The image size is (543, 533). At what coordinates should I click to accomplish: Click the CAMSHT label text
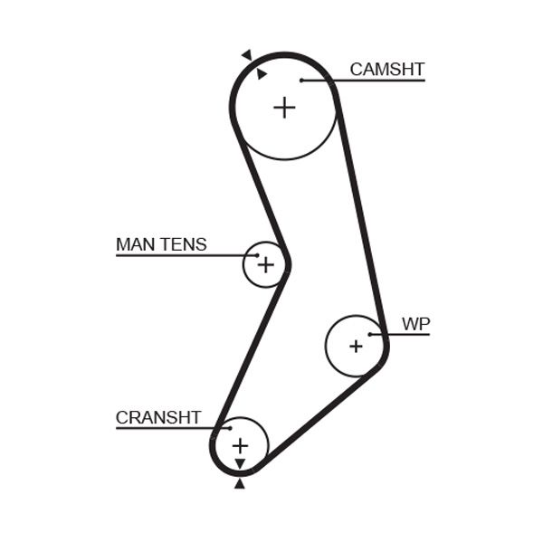pos(386,70)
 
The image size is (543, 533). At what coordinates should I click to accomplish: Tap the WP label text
pos(414,324)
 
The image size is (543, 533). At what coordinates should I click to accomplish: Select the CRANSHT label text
pos(157,417)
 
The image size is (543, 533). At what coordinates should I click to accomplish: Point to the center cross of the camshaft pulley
pos(284,108)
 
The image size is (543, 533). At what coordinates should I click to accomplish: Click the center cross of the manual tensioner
pos(265,264)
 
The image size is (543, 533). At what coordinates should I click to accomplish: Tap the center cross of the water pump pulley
pos(356,346)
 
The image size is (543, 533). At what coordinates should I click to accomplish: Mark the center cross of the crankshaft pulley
pos(240,445)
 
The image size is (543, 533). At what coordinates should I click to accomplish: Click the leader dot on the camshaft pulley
pos(301,81)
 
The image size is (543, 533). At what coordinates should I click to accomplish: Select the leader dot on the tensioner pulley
pos(257,255)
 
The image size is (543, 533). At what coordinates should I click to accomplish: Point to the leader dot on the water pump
pos(370,335)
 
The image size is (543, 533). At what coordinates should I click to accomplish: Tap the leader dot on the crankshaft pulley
pos(230,427)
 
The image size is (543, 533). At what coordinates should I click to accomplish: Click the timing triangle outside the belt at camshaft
pos(246,55)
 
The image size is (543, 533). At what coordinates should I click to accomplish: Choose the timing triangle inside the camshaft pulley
pos(262,74)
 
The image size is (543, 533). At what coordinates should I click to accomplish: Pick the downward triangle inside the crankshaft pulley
pos(240,464)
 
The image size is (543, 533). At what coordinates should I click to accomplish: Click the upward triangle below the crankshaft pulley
pos(240,484)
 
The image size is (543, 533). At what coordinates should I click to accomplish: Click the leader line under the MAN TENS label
pos(181,255)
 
